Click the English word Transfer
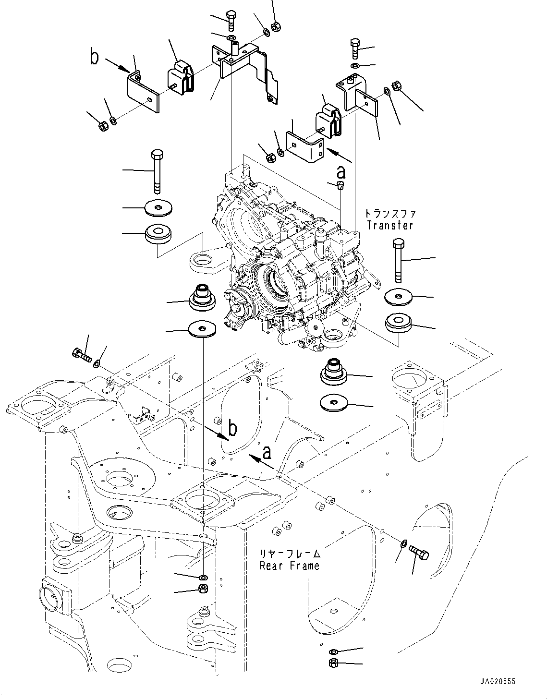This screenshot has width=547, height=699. (389, 225)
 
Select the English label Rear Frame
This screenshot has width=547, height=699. (289, 566)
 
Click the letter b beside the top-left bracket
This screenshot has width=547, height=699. (95, 57)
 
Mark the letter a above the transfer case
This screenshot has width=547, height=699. (341, 171)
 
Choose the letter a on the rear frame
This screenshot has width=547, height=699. (267, 452)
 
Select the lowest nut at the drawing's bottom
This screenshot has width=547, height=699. (334, 664)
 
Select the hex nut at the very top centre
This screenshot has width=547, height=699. (276, 27)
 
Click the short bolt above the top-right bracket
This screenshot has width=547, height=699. (355, 47)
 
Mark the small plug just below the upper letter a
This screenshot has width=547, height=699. (340, 185)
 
